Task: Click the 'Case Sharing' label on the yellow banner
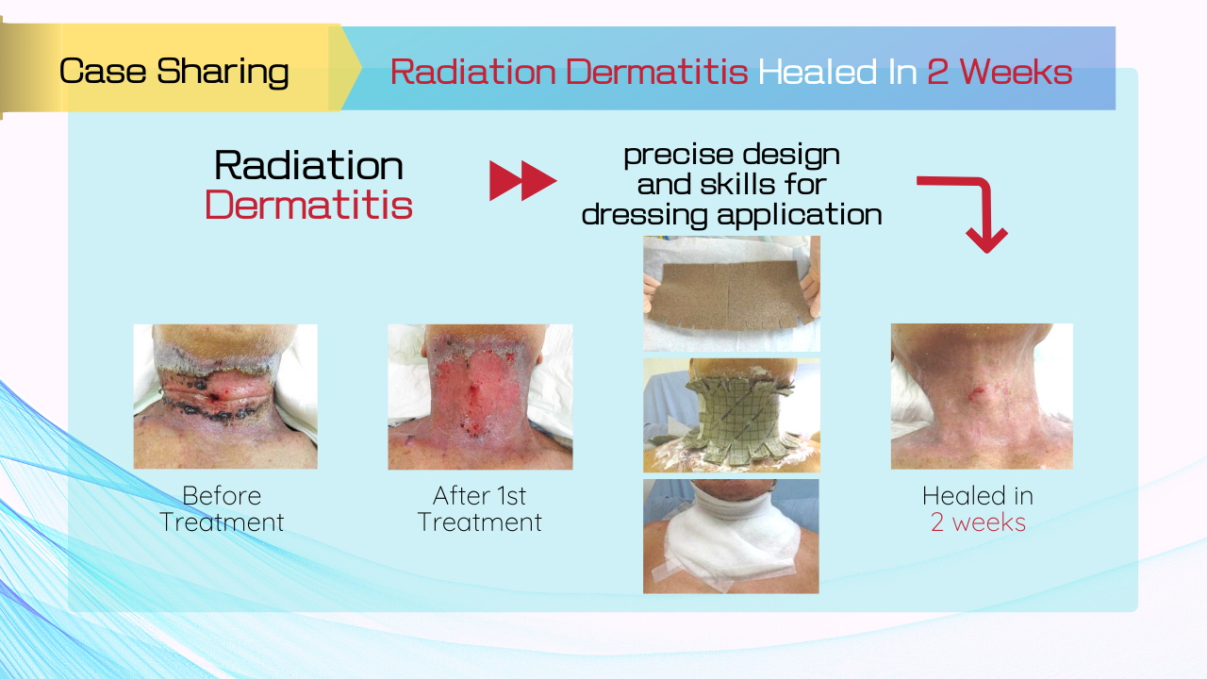tap(174, 71)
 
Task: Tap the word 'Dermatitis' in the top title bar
tap(657, 71)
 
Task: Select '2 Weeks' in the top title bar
tap(1000, 71)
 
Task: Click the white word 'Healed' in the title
tap(818, 71)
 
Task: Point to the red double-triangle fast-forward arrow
tap(522, 180)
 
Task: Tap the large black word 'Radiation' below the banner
tap(308, 165)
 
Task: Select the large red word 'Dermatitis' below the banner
tap(308, 206)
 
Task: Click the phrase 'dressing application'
tap(732, 215)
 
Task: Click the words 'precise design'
tap(732, 156)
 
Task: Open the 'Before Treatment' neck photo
tap(225, 397)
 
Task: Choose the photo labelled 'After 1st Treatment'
tap(480, 397)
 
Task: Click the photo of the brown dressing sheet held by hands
tap(732, 293)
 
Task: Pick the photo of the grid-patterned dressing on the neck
tap(732, 416)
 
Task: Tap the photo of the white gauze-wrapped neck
tap(731, 537)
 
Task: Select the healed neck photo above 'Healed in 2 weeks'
tap(982, 396)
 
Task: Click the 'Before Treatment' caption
tap(222, 508)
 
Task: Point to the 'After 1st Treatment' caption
tap(480, 508)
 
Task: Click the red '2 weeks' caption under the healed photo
tap(978, 522)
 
